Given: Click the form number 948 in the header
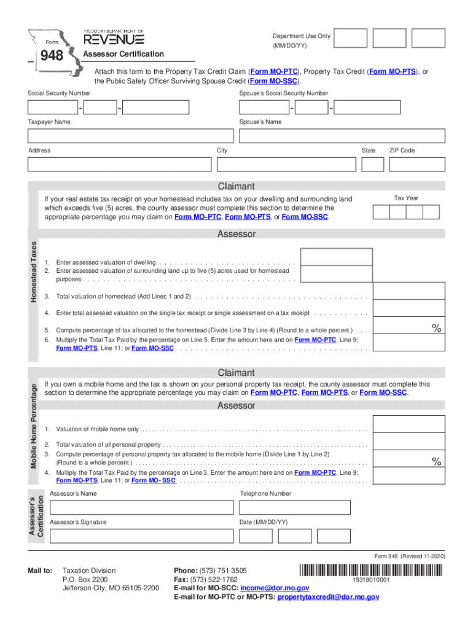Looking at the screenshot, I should (52, 57).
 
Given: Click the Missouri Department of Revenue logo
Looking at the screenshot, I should (114, 38).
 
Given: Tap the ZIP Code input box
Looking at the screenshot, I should (417, 165).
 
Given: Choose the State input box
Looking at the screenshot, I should (372, 165).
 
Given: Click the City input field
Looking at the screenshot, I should (286, 165).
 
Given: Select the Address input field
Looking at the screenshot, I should (119, 165).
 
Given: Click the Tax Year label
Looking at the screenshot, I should (405, 198).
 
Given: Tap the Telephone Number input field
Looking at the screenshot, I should (295, 507).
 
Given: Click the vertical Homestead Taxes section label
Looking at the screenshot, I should (35, 272).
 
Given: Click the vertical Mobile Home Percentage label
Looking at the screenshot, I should (35, 426).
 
